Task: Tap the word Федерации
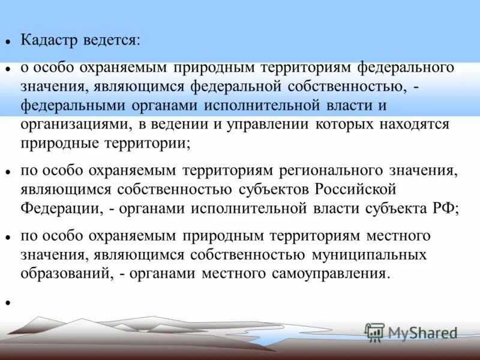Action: (x=58, y=209)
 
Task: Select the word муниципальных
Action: (x=369, y=255)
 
